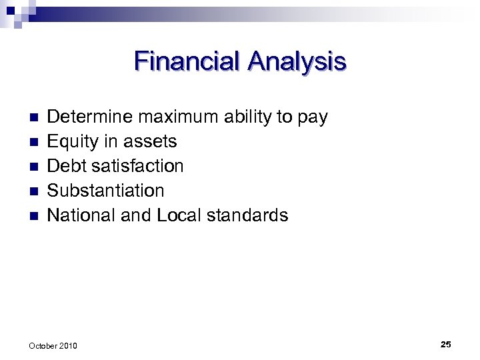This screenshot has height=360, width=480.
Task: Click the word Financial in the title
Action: pos(187,61)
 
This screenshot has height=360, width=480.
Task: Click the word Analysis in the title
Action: pos(297,61)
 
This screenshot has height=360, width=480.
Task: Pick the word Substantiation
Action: pos(105,191)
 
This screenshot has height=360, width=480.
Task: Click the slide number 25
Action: pos(445,344)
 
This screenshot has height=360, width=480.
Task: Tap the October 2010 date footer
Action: pos(53,345)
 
